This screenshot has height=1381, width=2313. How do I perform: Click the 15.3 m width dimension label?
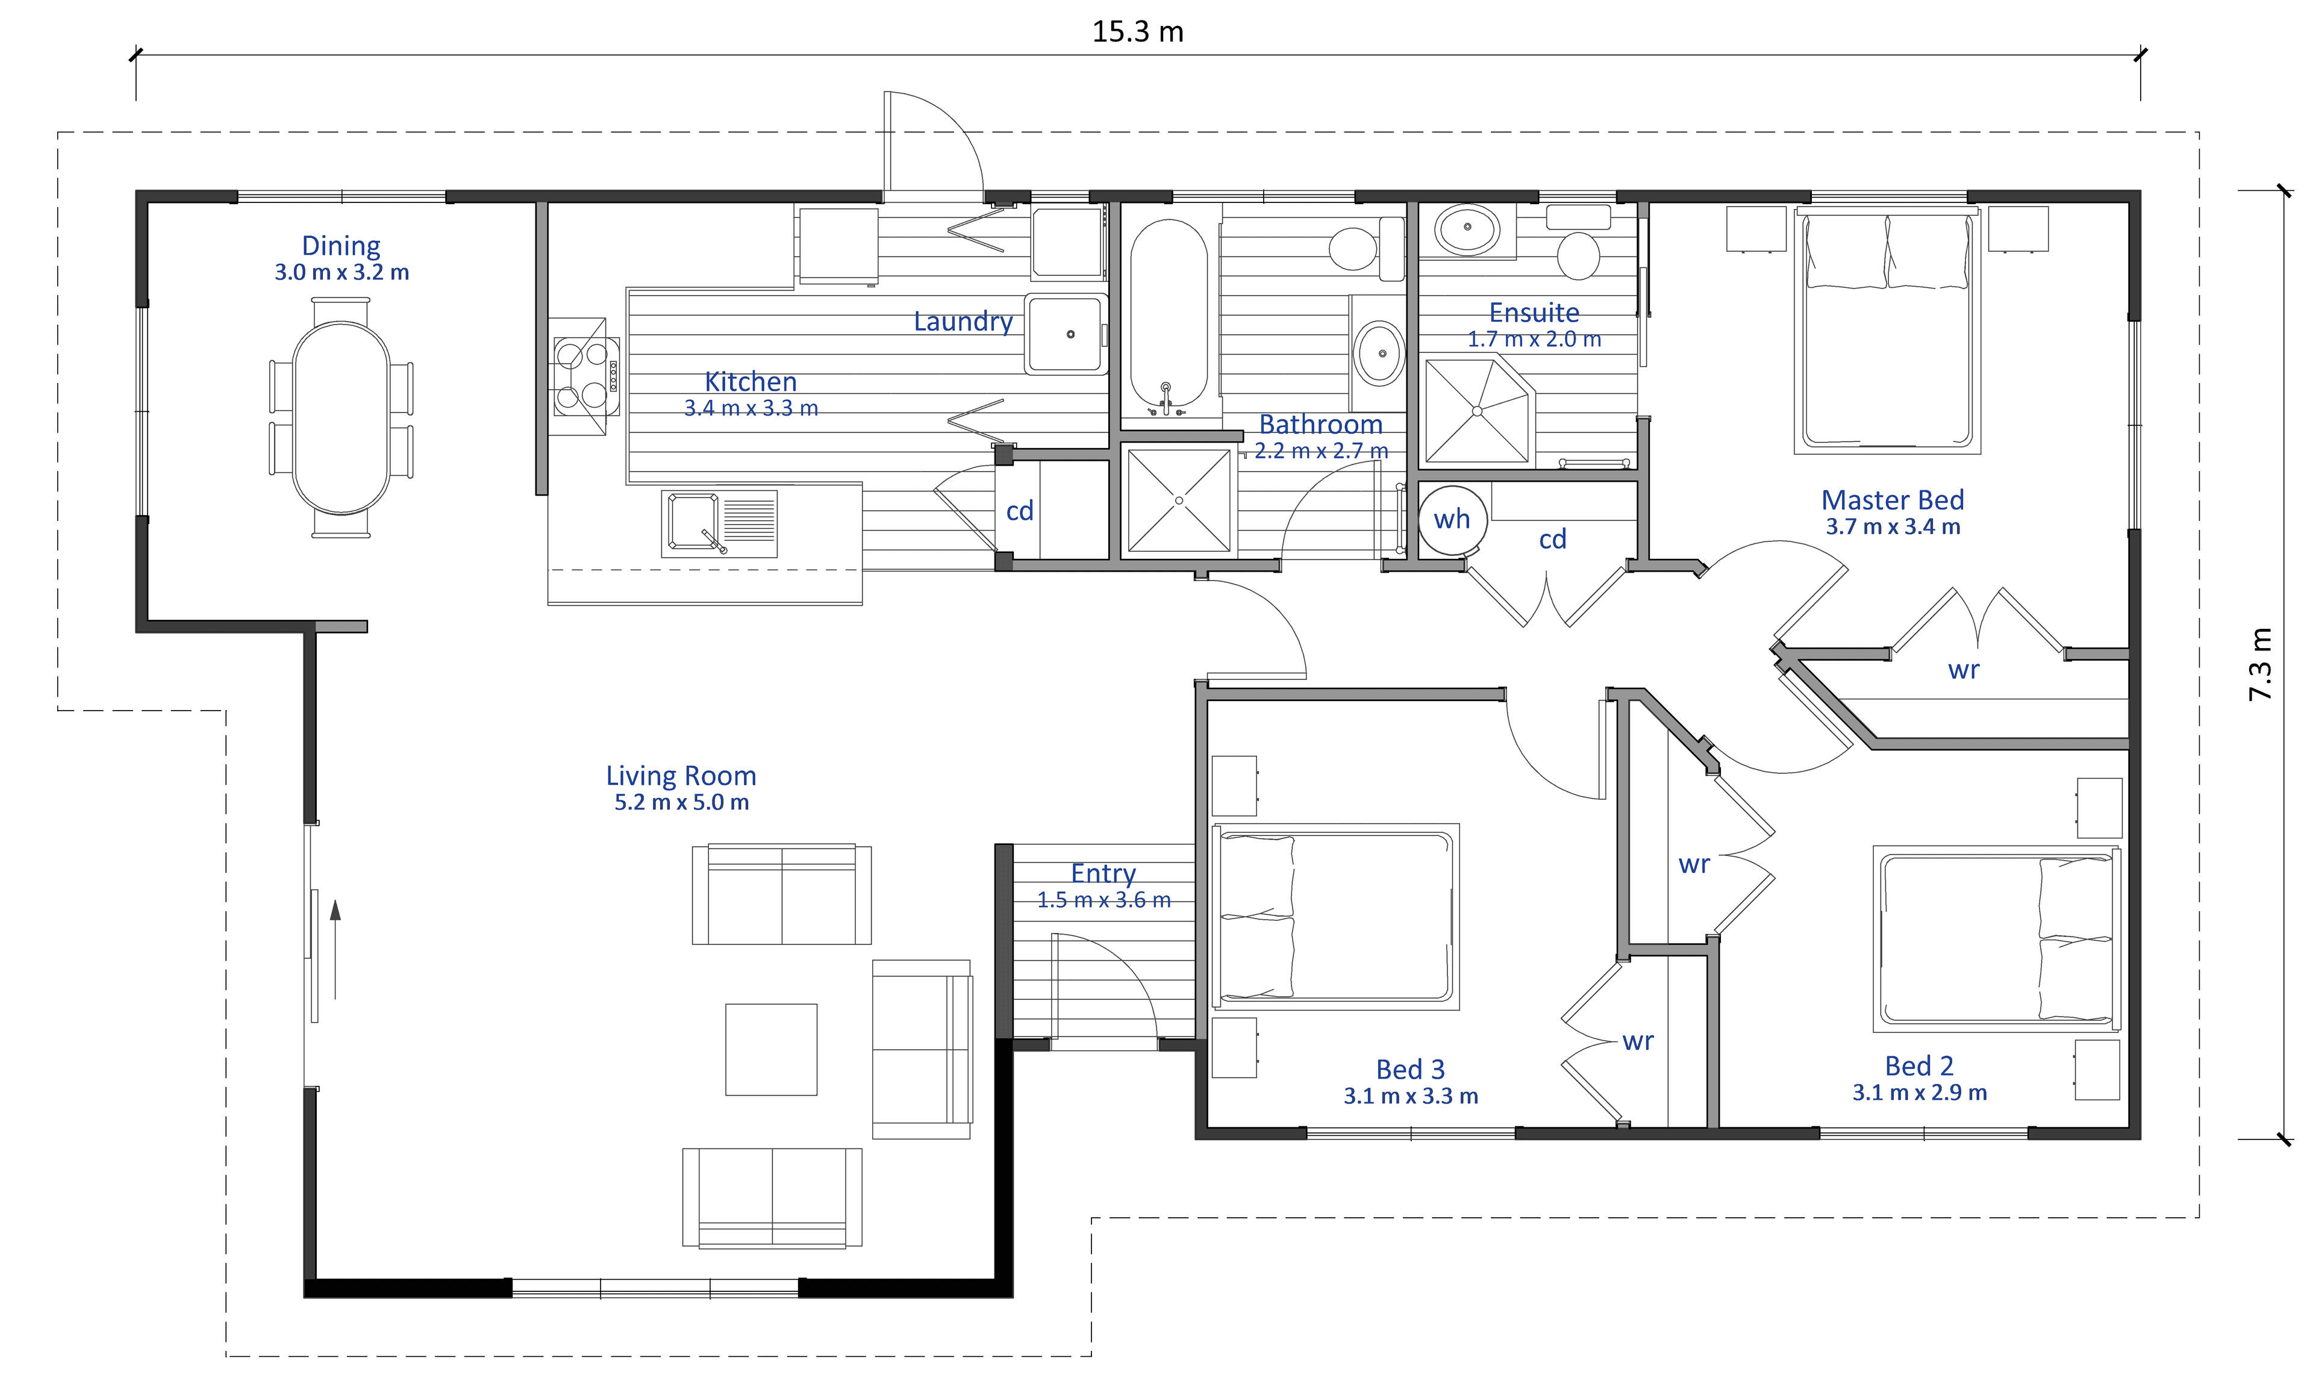coord(1137,32)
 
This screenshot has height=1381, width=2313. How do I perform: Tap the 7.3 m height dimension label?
coord(2260,664)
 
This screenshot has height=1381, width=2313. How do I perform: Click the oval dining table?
coord(342,418)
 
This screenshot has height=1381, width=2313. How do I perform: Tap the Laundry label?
coord(963,321)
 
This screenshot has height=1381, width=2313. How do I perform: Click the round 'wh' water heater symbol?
coord(1452,519)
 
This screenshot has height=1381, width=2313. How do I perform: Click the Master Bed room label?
coord(1893,500)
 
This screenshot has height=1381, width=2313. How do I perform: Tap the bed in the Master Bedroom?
coord(1887,331)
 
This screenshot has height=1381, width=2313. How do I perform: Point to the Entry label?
coord(1103,873)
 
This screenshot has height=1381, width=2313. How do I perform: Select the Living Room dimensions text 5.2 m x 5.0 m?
coord(681,802)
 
